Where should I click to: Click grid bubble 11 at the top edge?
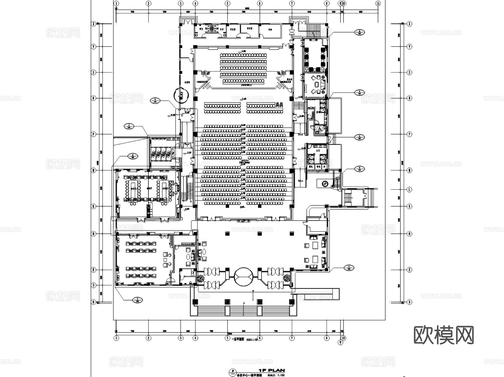[378, 3]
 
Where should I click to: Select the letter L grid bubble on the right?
[409, 189]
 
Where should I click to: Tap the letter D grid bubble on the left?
[94, 285]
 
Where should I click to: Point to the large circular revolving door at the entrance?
[244, 276]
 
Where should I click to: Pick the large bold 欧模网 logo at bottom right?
[444, 335]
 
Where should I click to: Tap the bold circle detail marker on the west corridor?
[181, 95]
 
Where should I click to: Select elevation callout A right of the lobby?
[349, 268]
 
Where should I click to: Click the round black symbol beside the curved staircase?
[325, 184]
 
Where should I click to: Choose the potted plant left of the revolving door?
[201, 278]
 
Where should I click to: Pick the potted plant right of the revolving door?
[287, 278]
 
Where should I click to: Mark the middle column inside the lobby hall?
[260, 233]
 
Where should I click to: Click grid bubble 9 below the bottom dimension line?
[340, 342]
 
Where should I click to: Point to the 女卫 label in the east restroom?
[318, 150]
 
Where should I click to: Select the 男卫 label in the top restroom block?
[201, 29]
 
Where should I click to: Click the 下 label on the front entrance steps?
[244, 304]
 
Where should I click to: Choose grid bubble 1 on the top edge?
[116, 3]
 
